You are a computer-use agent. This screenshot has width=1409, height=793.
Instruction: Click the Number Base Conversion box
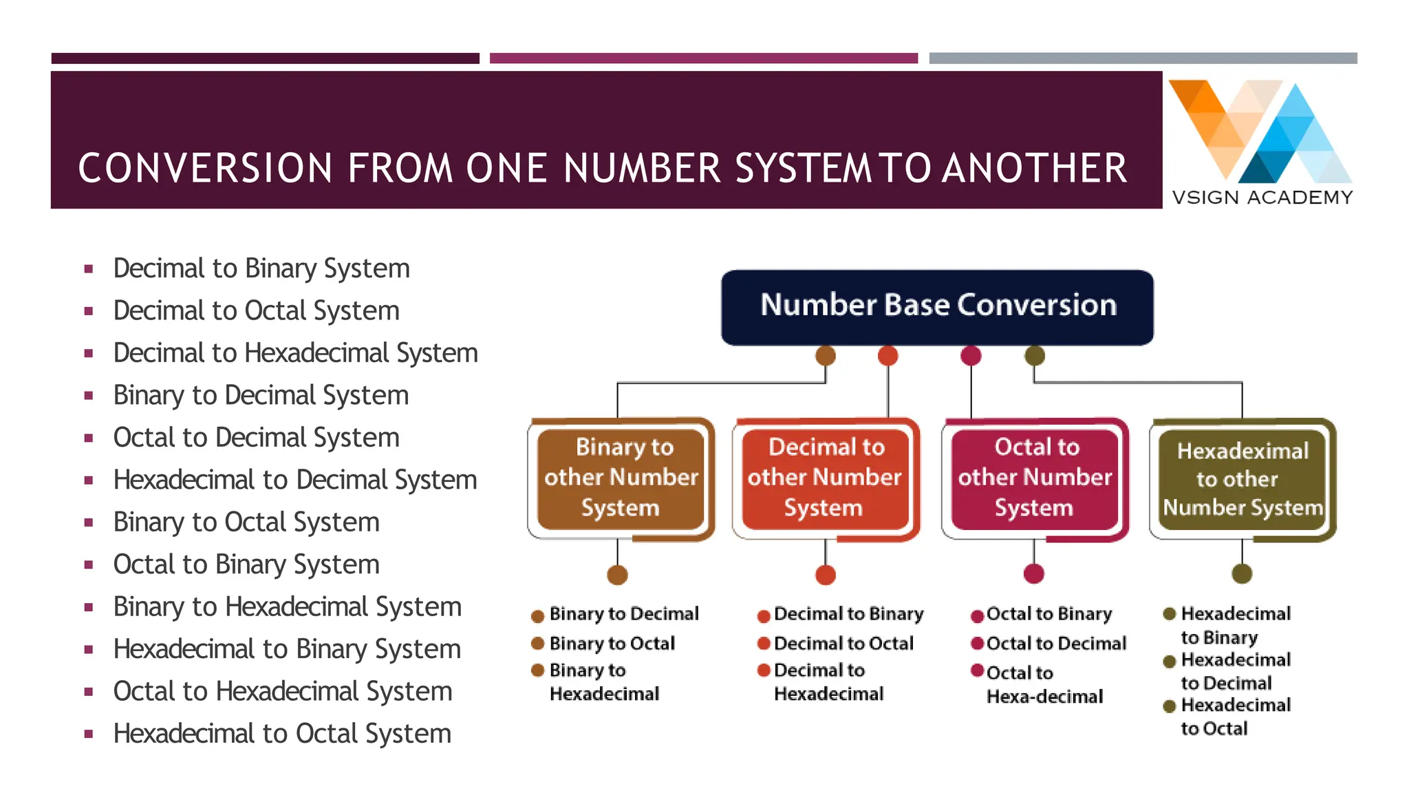point(937,307)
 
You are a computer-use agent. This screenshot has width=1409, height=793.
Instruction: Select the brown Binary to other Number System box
point(621,478)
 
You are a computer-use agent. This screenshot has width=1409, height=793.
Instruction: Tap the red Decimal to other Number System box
point(825,478)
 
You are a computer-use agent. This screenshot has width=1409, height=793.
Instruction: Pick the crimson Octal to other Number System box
point(1035,478)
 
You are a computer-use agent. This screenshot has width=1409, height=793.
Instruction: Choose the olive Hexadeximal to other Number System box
point(1243,479)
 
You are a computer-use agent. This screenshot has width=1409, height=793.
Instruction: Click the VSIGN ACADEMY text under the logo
point(1262,198)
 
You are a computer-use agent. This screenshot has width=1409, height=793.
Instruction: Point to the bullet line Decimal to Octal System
point(256,310)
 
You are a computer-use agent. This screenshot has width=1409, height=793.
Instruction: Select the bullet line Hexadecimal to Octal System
point(282,734)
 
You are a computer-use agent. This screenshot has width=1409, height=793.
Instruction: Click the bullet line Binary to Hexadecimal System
point(287,607)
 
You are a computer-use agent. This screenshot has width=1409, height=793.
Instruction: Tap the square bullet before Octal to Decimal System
point(88,438)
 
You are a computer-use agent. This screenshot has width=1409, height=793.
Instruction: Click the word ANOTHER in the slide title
point(1035,169)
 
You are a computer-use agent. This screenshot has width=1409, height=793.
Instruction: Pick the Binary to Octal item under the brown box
point(612,644)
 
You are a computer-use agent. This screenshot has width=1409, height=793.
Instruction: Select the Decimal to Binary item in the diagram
point(848,614)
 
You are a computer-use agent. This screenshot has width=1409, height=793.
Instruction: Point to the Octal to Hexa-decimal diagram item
point(1044,684)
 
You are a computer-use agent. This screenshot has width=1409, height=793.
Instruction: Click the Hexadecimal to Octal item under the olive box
point(1235,717)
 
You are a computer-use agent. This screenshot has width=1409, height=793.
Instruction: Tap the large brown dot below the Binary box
point(618,575)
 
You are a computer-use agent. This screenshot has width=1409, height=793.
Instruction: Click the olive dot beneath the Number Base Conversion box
point(1035,356)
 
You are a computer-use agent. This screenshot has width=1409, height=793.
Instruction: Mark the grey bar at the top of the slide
point(1143,59)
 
